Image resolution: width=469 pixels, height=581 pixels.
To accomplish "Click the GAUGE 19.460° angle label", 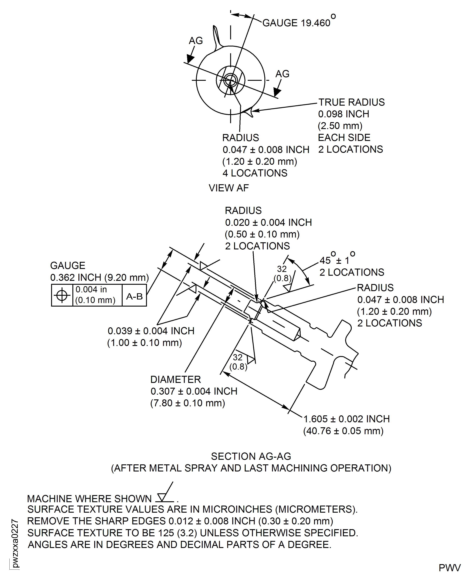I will pyautogui.click(x=298, y=23).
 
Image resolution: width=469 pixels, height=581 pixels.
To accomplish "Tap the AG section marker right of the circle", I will pyautogui.click(x=282, y=74).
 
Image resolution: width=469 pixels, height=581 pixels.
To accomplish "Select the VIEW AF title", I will pyautogui.click(x=229, y=188).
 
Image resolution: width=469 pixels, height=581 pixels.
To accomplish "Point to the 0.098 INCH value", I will pyautogui.click(x=343, y=114).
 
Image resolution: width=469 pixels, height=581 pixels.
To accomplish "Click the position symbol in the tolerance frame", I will pyautogui.click(x=62, y=295).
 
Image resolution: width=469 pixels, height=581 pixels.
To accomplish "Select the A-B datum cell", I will pyautogui.click(x=134, y=296).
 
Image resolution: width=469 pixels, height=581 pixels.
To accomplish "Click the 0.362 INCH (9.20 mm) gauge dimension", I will pyautogui.click(x=99, y=277).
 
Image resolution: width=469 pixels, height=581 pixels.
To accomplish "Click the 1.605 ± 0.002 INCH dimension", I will pyautogui.click(x=347, y=419).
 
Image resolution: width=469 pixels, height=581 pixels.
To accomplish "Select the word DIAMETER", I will pyautogui.click(x=176, y=379).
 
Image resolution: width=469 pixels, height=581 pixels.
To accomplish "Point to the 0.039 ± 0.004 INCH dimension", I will pyautogui.click(x=151, y=331).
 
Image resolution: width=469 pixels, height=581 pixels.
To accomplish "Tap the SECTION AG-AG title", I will pyautogui.click(x=251, y=456).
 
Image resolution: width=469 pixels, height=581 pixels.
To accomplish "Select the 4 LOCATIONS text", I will pyautogui.click(x=255, y=173).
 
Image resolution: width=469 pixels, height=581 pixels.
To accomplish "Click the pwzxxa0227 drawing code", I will pyautogui.click(x=15, y=543).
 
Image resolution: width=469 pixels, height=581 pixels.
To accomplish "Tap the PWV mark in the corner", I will pyautogui.click(x=449, y=568).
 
